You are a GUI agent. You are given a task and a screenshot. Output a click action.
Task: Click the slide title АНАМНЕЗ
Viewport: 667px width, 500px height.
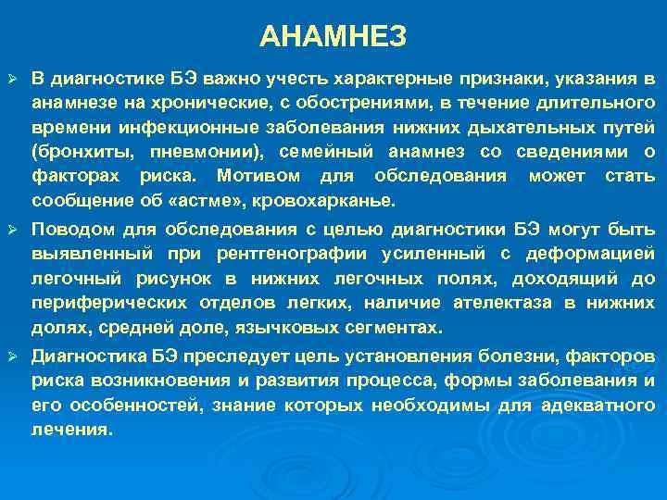coord(333,36)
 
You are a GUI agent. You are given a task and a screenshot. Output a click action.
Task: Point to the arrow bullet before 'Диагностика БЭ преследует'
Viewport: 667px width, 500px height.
coord(12,356)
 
